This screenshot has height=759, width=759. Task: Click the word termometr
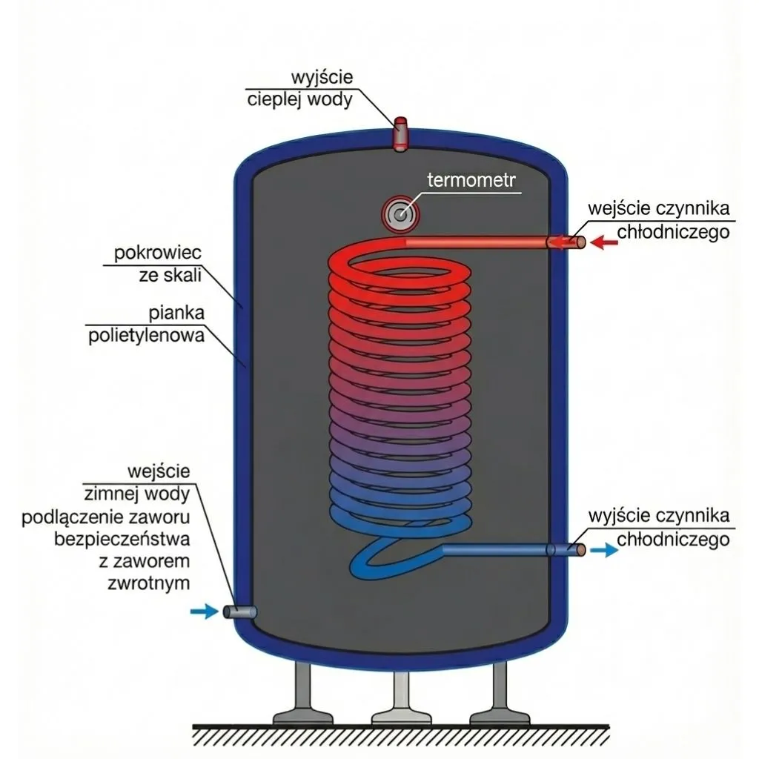(474, 180)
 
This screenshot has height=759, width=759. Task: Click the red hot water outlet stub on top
(400, 132)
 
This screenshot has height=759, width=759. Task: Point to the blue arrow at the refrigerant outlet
(606, 550)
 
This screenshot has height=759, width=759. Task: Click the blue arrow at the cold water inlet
(201, 611)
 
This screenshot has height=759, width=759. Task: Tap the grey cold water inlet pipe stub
(239, 611)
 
